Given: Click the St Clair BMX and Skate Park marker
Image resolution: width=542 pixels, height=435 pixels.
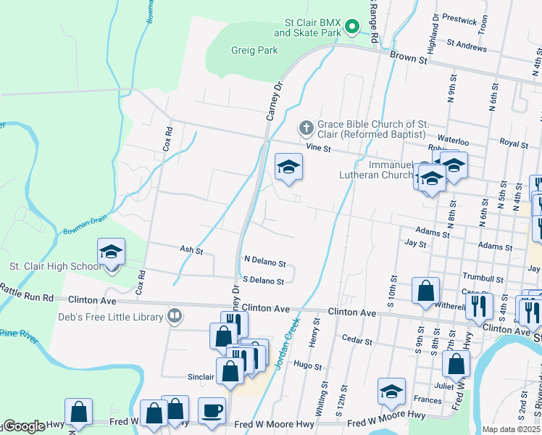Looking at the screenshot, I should click(x=351, y=28).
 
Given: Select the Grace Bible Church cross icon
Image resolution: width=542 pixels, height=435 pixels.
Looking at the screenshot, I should click(x=306, y=128).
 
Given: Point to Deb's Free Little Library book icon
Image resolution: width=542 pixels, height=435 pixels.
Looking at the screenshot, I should click(x=174, y=315).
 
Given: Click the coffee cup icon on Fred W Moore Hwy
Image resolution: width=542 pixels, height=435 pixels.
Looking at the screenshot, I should click(x=212, y=410).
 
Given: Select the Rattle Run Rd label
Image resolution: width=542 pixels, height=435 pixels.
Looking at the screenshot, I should click(x=27, y=297).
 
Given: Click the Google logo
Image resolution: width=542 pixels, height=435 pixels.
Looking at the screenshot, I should click(x=23, y=426).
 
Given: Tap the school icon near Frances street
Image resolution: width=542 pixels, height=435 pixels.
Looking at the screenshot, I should click(x=391, y=392).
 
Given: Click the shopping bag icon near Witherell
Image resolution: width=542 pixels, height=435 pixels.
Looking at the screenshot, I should click(x=426, y=290).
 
